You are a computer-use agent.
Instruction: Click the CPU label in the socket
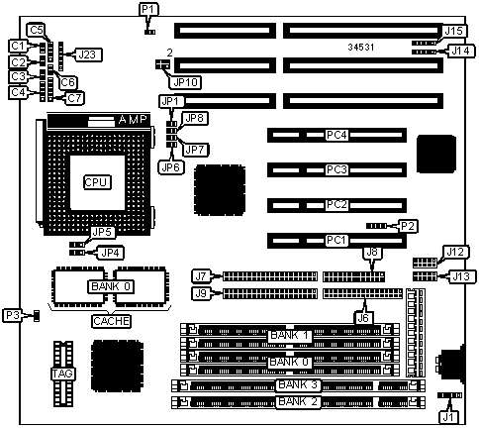point(96,182)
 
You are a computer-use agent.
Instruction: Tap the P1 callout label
point(147,9)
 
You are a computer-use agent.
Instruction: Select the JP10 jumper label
point(185,82)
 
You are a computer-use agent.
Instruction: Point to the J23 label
point(87,54)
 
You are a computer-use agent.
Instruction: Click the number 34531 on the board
point(361,48)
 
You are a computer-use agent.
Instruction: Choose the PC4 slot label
point(336,135)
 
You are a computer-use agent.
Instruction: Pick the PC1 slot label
point(336,240)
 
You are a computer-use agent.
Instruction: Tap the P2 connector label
point(408,226)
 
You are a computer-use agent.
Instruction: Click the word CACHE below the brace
point(111,321)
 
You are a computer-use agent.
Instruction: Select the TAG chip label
point(62,374)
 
